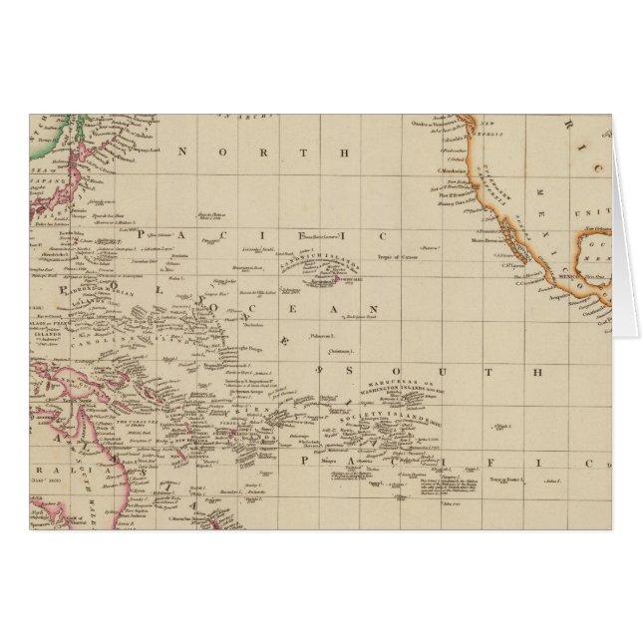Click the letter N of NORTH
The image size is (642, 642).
click(182, 153)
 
